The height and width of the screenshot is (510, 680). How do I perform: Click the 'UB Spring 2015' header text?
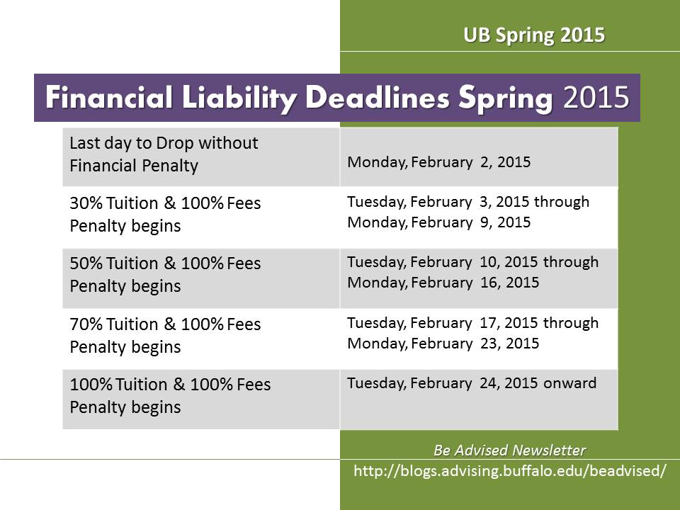pos(534,35)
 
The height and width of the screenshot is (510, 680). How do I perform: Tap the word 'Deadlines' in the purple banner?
pos(378,97)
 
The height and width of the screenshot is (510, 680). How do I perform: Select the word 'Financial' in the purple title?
pos(109,97)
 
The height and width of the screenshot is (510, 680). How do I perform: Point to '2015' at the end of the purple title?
pos(596,97)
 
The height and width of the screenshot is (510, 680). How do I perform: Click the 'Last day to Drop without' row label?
pos(164,142)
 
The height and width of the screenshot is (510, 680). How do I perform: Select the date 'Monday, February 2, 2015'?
pos(439,162)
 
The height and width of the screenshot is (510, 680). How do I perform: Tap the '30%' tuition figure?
pos(86,203)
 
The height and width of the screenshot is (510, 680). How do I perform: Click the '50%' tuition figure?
pos(86,263)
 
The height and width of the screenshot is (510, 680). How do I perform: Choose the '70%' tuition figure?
pos(86,324)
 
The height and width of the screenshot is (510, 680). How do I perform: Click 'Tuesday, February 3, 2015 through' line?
pos(468,202)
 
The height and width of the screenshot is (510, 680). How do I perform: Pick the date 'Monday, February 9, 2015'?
pos(439,222)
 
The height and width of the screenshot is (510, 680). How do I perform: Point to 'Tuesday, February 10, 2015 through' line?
pos(472,262)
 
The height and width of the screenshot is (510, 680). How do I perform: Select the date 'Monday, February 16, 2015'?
pos(443,283)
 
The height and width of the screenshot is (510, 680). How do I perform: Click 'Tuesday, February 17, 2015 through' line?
pos(472,323)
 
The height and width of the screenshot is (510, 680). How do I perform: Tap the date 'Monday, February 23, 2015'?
pos(443,344)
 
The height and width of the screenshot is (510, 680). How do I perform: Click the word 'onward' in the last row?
pos(569,383)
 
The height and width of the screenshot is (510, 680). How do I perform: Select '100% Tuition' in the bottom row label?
pos(118,384)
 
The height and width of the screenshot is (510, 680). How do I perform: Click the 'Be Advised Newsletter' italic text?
pos(509,450)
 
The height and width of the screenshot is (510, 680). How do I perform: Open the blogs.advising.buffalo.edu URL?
pos(509,471)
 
